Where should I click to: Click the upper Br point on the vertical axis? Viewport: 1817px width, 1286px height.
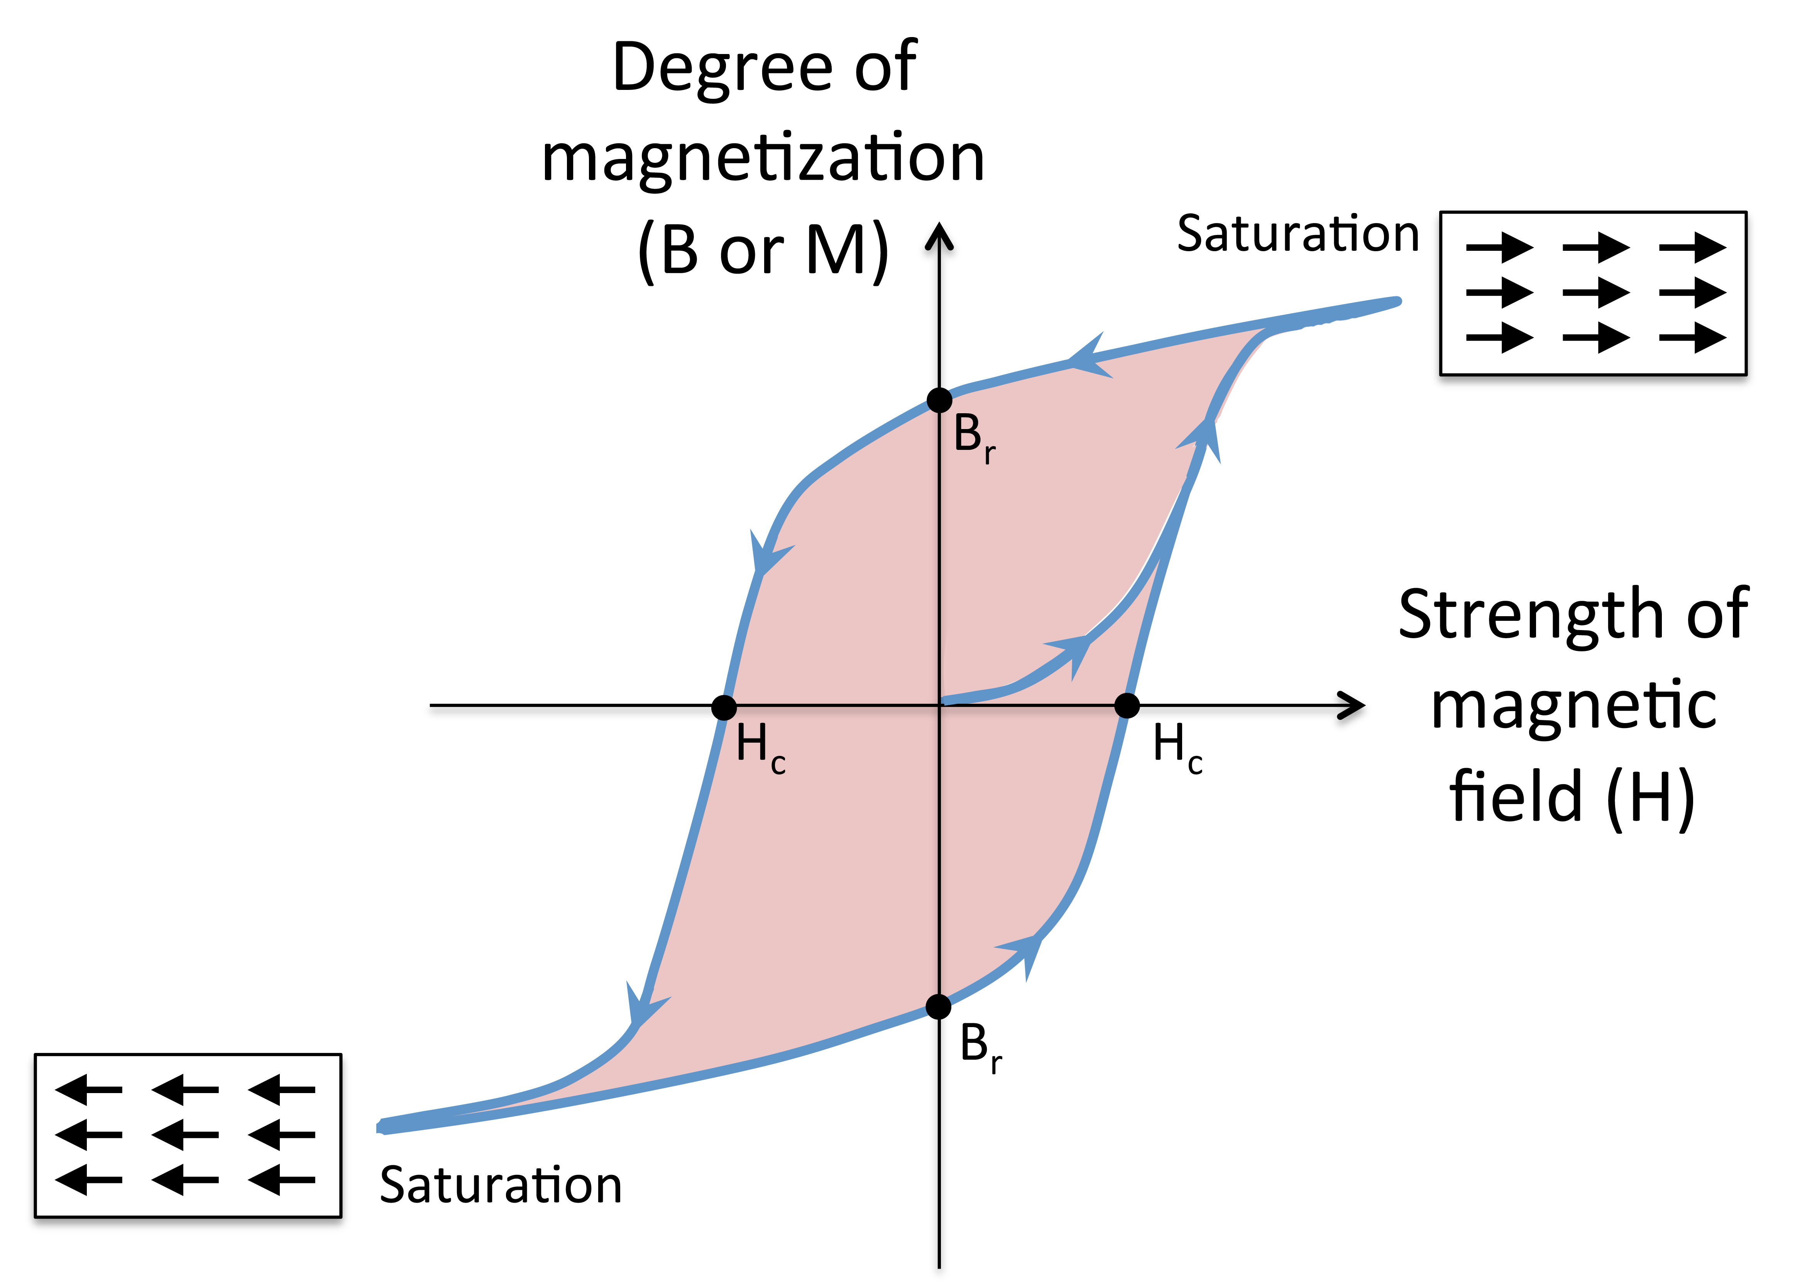point(939,401)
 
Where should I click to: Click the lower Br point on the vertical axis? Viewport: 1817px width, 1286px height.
point(939,1007)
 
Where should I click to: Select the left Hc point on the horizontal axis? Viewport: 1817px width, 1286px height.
point(724,707)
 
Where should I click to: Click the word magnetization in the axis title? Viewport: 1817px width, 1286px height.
point(763,158)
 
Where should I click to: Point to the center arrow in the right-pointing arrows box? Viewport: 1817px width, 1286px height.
point(1595,293)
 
